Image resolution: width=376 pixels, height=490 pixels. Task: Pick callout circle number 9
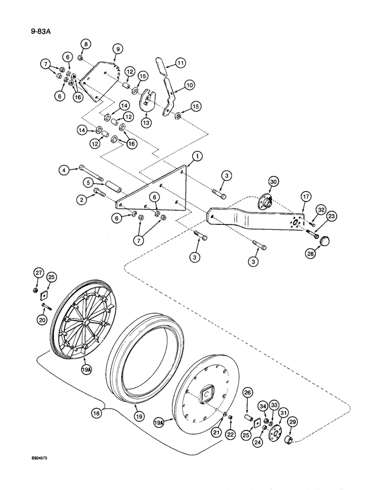(117, 49)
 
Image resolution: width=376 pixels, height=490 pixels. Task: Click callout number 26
(247, 392)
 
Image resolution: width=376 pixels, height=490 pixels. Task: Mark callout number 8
(86, 44)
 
